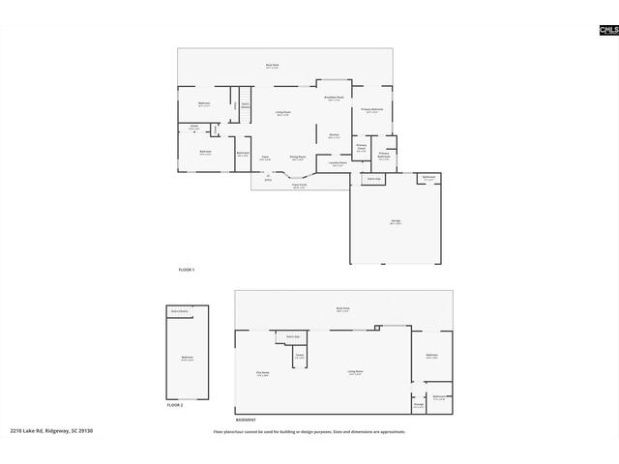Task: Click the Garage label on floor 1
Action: [396, 222]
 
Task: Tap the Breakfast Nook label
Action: [334, 100]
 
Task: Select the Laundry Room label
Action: [338, 163]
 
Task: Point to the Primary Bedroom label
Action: [372, 110]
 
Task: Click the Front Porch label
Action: [299, 186]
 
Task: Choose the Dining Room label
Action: [299, 158]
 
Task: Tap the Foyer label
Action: [265, 158]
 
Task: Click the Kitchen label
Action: [334, 135]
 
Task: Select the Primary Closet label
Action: [361, 148]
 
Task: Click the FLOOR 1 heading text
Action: [187, 269]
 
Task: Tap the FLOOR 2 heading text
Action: [174, 405]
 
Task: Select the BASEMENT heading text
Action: [246, 419]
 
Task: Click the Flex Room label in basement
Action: [262, 373]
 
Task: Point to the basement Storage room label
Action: [418, 406]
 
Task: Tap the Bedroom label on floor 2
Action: [187, 359]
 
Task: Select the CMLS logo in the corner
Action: [607, 31]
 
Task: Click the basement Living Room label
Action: [356, 372]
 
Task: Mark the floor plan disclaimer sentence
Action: [309, 431]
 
